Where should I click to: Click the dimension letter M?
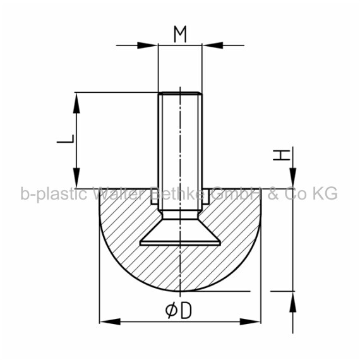pos(180,34)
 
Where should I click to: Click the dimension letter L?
pos(66,139)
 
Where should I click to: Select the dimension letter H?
pos(282,155)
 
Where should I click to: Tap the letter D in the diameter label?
pos(186,310)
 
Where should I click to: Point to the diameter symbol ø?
pos(171,310)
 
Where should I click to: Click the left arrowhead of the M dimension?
pos(147,45)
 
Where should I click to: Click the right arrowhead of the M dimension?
pos(213,45)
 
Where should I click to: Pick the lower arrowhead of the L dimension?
pos(76,178)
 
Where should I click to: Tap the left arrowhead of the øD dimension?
pos(110,321)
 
